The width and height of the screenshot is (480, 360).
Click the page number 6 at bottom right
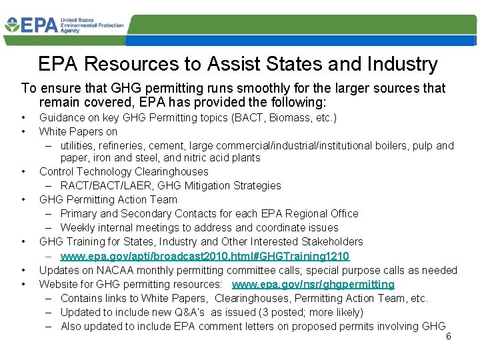(x=449, y=336)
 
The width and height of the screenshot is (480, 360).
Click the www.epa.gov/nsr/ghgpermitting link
(x=313, y=284)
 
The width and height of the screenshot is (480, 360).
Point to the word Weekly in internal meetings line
(x=77, y=227)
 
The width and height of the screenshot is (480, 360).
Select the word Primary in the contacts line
(x=79, y=213)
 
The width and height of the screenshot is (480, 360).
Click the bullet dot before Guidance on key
(x=24, y=118)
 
